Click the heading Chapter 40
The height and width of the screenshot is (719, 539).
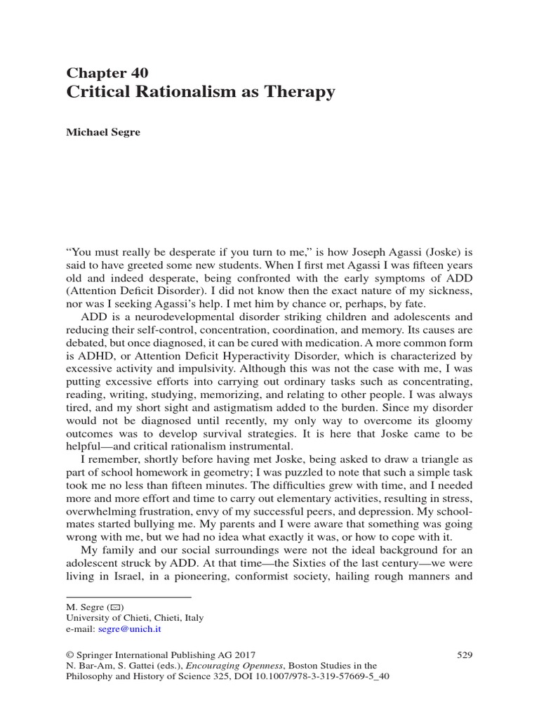tap(107, 72)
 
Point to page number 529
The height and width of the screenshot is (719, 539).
tap(465, 654)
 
